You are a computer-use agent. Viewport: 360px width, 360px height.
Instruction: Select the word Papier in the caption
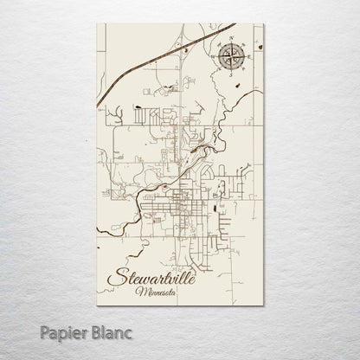(x=45, y=330)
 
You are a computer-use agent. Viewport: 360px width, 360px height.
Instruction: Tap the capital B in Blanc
(x=77, y=330)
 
